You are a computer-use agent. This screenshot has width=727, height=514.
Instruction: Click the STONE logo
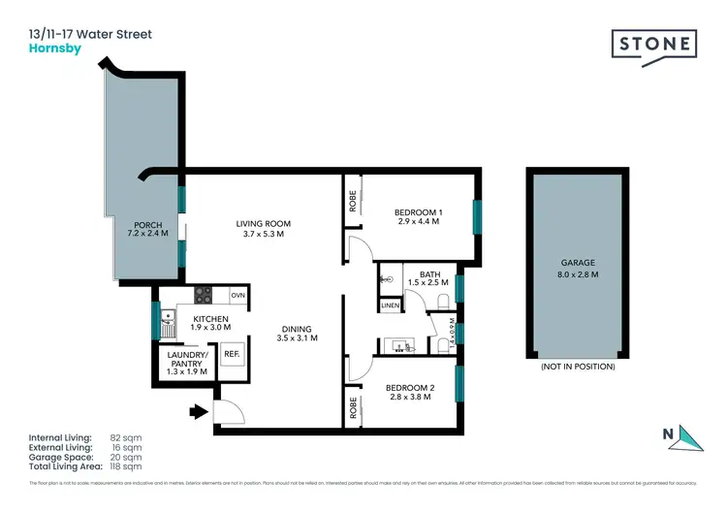coord(654,46)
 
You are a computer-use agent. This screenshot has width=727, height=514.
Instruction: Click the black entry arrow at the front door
coord(199,411)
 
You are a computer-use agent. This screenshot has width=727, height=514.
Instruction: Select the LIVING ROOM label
coord(263,224)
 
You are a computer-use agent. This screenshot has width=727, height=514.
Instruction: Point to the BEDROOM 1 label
coord(418,212)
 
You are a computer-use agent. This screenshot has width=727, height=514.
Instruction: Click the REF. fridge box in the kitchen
coord(232,355)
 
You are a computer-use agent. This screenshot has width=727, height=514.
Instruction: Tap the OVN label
coord(237,295)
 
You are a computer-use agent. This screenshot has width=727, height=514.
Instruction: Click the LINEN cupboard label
coord(390,305)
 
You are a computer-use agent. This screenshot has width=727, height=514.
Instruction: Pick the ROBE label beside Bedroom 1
coord(352,201)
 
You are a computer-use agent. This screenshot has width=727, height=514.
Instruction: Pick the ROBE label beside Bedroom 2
coord(352,406)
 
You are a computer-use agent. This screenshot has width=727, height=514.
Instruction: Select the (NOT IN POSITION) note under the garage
coord(578,368)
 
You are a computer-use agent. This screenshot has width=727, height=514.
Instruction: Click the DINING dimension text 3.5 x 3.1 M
coord(297,338)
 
